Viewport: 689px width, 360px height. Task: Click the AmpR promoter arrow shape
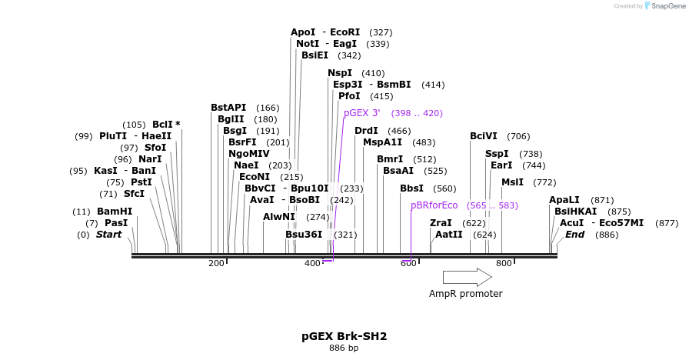click(x=467, y=277)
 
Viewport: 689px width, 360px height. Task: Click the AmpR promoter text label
click(x=466, y=294)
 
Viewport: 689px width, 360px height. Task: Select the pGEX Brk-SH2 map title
click(x=344, y=336)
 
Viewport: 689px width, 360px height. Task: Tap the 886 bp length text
click(x=344, y=348)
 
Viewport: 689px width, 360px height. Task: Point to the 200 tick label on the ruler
click(x=216, y=263)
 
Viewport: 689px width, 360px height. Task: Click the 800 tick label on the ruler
click(x=504, y=263)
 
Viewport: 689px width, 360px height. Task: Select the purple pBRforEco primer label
click(x=434, y=205)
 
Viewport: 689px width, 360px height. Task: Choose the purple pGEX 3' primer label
click(x=361, y=113)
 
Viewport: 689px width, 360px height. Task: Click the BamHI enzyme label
click(x=115, y=212)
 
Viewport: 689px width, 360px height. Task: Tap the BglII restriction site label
click(x=231, y=119)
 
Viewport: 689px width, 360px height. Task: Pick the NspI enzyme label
click(x=340, y=73)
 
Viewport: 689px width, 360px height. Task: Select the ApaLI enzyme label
click(x=564, y=200)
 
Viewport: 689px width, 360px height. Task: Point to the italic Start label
click(x=108, y=235)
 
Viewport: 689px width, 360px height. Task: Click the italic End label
click(x=574, y=235)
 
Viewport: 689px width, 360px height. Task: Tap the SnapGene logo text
click(x=666, y=5)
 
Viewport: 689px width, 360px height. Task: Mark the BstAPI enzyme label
click(x=228, y=108)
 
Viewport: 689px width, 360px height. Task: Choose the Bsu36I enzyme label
click(x=304, y=235)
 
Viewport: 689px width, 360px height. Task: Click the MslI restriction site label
click(x=512, y=182)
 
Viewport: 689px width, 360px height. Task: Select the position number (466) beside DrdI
click(x=399, y=131)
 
